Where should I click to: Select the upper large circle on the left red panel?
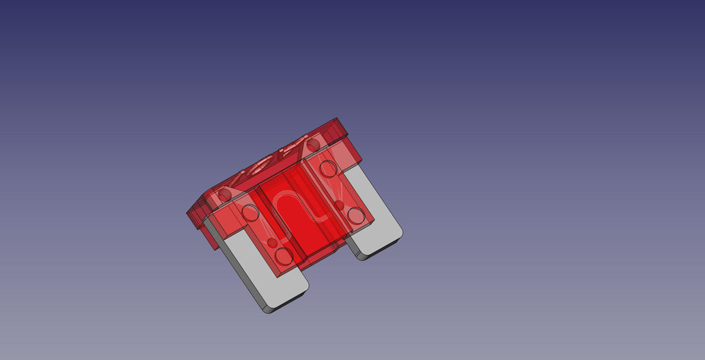click(250, 213)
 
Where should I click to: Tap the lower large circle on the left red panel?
click(283, 256)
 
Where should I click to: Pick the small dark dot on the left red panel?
click(272, 242)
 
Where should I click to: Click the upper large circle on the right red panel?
click(328, 169)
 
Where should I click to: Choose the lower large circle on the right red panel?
click(356, 215)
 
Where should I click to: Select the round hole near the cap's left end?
click(224, 194)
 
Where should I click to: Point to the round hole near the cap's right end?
click(313, 145)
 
